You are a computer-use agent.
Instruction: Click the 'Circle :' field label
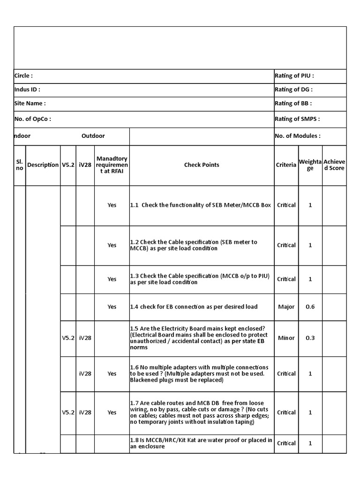23,76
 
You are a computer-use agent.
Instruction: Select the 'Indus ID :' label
27,90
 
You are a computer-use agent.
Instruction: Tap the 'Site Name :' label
30,104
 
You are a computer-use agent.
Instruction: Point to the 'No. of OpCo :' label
33,119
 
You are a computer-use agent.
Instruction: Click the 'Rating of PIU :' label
294,76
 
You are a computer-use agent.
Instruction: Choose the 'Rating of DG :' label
293,90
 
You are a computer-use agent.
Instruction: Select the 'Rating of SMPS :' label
297,119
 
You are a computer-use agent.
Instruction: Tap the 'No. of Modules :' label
298,136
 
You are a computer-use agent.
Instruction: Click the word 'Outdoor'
93,136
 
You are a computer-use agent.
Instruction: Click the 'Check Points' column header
202,165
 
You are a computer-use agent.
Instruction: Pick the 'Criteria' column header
286,165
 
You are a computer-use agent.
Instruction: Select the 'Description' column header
43,165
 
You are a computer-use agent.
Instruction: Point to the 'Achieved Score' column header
334,165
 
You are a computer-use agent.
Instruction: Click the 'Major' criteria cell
286,307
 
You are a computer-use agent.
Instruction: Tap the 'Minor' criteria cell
286,338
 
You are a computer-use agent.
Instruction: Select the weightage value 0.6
310,307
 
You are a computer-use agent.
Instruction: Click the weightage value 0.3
310,338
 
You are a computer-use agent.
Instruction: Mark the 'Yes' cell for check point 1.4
112,307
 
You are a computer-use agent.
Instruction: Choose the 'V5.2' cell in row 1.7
68,412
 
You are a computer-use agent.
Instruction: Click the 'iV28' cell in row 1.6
85,374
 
